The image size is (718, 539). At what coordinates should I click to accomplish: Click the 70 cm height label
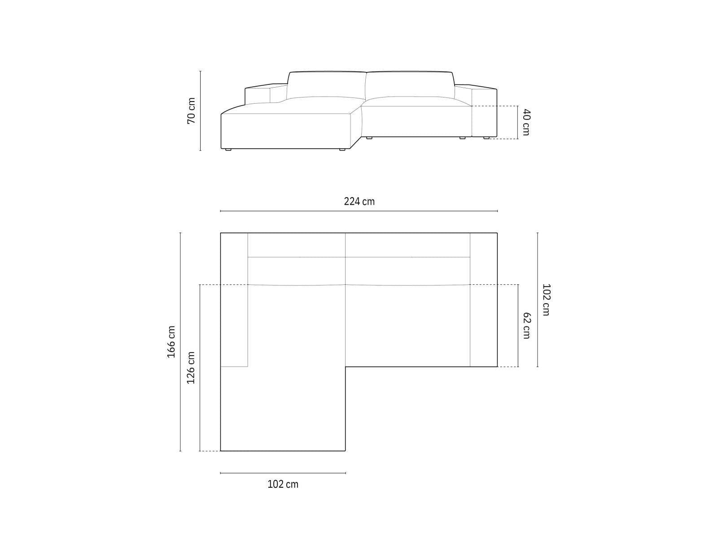coord(191,110)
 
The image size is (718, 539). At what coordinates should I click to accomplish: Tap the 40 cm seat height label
coord(526,122)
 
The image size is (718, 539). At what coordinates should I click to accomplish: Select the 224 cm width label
coord(359,201)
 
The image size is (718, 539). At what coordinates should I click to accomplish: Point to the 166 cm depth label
coord(171,342)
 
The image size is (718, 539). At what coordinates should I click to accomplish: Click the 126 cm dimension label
coord(191,368)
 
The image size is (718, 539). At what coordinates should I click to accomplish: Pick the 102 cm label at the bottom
coord(283,484)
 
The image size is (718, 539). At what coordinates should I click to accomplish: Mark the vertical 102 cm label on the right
coord(546,300)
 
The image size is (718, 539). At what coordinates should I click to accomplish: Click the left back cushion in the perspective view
coord(326,85)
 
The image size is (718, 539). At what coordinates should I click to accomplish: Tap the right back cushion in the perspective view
coord(410,84)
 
